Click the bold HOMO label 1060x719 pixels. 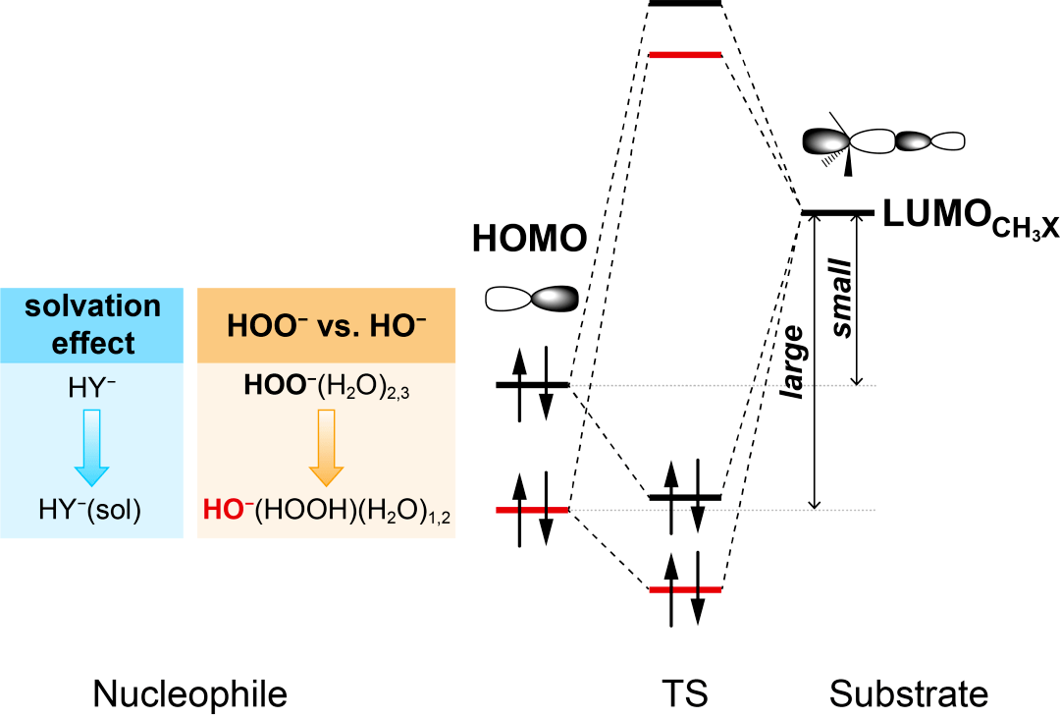click(530, 238)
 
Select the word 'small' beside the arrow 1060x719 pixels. click(841, 300)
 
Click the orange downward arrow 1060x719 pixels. click(326, 448)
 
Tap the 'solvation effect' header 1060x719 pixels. click(92, 324)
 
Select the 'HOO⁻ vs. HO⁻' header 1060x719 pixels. click(326, 324)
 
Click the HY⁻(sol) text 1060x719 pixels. click(92, 511)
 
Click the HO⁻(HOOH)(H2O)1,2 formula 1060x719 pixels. click(326, 511)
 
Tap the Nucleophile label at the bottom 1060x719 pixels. click(190, 694)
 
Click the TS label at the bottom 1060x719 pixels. click(685, 694)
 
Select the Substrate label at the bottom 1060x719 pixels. click(908, 694)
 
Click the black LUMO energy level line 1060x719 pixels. click(837, 212)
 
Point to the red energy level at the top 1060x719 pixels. click(685, 54)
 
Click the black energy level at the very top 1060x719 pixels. click(685, 4)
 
